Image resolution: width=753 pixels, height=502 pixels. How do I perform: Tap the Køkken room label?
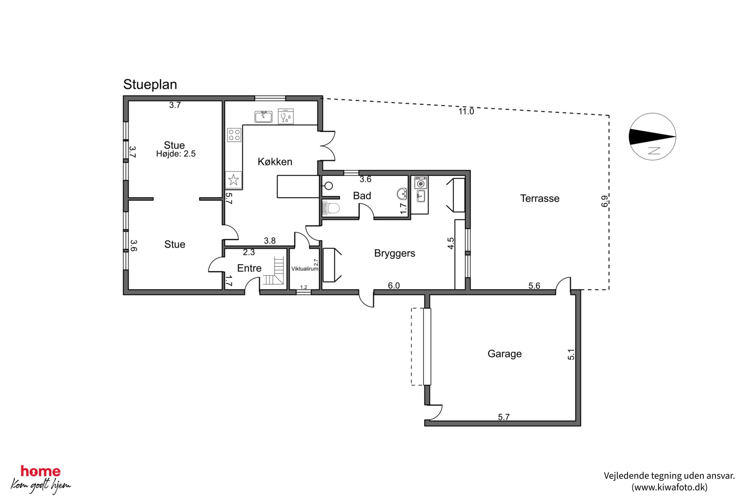coord(275,162)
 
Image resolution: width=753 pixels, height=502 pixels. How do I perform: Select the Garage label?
coord(504,354)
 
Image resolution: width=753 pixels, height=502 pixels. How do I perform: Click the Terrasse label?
coord(539,198)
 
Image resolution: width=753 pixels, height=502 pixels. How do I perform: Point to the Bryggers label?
coord(394,253)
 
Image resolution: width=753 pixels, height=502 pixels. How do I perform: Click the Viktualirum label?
coord(304,269)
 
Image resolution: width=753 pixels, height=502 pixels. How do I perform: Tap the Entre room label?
coord(249,268)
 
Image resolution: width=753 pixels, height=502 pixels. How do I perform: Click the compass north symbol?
coord(652,137)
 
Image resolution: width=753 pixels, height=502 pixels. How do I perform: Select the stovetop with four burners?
coord(234,135)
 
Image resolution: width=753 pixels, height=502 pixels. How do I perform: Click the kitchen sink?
coord(263,116)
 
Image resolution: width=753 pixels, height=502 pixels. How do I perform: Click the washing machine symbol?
coord(421,183)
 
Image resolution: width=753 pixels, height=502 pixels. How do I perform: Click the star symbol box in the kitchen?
coord(234,180)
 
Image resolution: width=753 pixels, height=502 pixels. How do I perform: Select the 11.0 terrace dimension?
coord(466,111)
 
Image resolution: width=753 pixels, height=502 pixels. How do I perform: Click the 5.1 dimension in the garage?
coord(571,354)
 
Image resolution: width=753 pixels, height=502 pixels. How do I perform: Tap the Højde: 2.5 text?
coord(176,154)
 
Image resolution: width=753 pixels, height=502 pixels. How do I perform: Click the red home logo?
coord(41,471)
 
